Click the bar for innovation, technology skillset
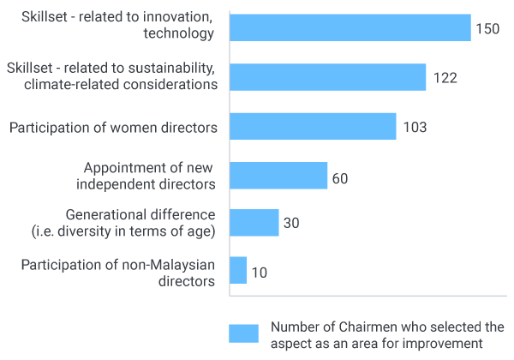(x=350, y=27)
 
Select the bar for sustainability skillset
(x=328, y=77)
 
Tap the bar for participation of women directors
(x=313, y=127)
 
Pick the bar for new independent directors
(x=279, y=176)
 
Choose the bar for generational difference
(x=254, y=223)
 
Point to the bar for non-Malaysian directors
(x=238, y=270)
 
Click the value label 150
(x=487, y=28)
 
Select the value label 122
(x=444, y=78)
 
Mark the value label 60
(x=340, y=178)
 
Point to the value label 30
(x=291, y=224)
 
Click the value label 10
(x=259, y=273)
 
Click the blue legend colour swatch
(x=244, y=333)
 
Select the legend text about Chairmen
(x=386, y=333)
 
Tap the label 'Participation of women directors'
(x=113, y=128)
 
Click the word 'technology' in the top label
(x=178, y=34)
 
